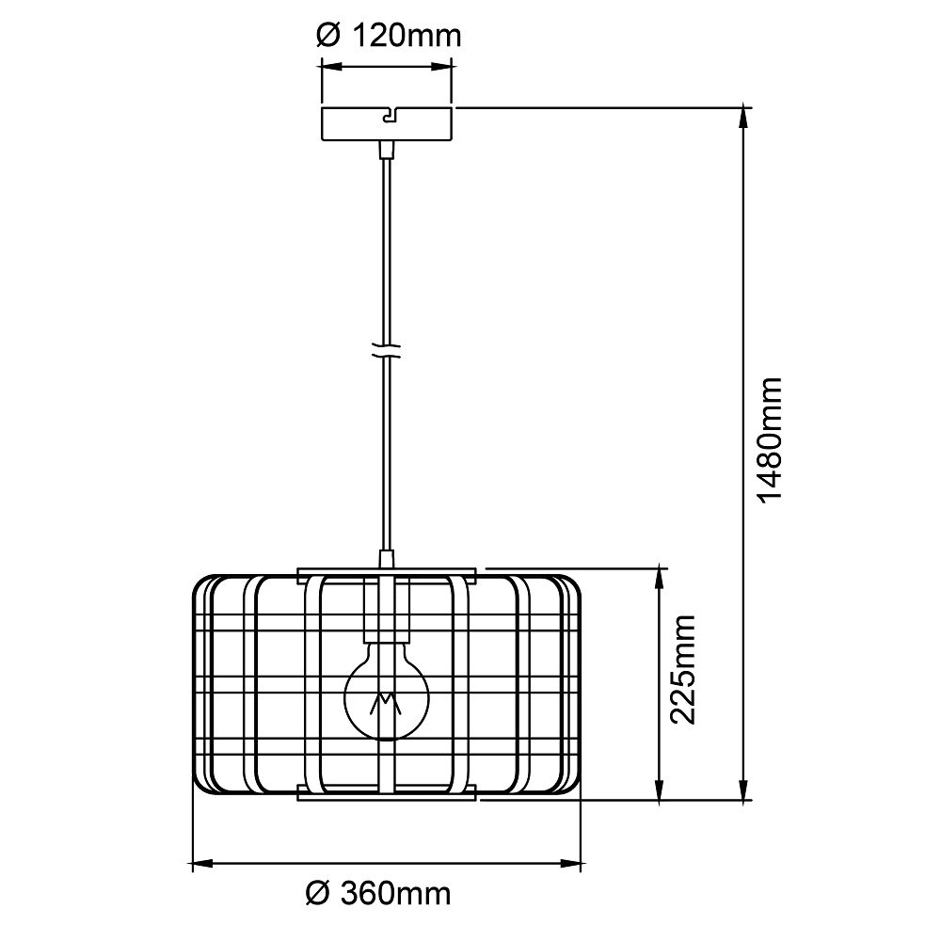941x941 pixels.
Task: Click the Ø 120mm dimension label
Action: click(389, 36)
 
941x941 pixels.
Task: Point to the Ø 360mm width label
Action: click(378, 894)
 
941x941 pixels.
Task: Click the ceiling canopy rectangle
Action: click(387, 124)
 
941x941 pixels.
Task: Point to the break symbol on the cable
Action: click(387, 352)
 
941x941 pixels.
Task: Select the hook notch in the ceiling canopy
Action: click(391, 115)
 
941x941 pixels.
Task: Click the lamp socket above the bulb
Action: click(386, 605)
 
